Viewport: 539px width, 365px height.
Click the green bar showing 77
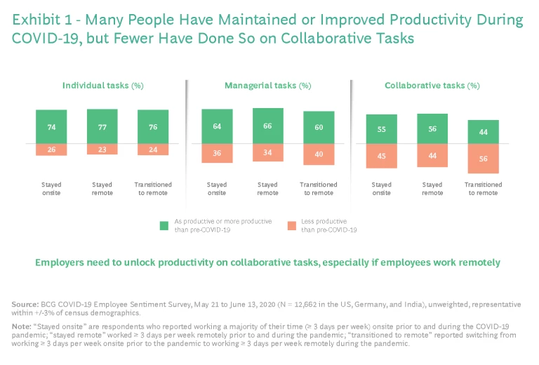pos(102,126)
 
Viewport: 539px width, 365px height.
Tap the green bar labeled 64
pos(217,126)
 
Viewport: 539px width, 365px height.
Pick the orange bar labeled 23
pos(102,149)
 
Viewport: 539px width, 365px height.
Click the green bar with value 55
pos(381,129)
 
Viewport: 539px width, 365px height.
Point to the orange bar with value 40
pos(319,154)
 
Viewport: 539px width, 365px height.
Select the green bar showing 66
pos(267,126)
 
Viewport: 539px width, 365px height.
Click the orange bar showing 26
pos(52,150)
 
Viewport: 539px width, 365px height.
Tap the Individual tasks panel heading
pos(102,86)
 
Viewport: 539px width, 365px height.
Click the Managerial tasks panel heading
pos(267,86)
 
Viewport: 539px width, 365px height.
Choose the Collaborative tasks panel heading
pos(432,86)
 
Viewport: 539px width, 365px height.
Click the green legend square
pos(164,225)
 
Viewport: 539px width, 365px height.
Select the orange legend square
pos(291,225)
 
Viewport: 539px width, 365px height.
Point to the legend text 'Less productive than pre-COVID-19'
pos(331,225)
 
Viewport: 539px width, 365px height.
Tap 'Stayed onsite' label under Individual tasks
pos(52,189)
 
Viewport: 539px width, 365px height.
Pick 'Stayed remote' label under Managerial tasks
pos(267,189)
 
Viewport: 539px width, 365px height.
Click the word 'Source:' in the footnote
pos(25,304)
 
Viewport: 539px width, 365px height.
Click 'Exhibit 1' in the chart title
pos(42,20)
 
